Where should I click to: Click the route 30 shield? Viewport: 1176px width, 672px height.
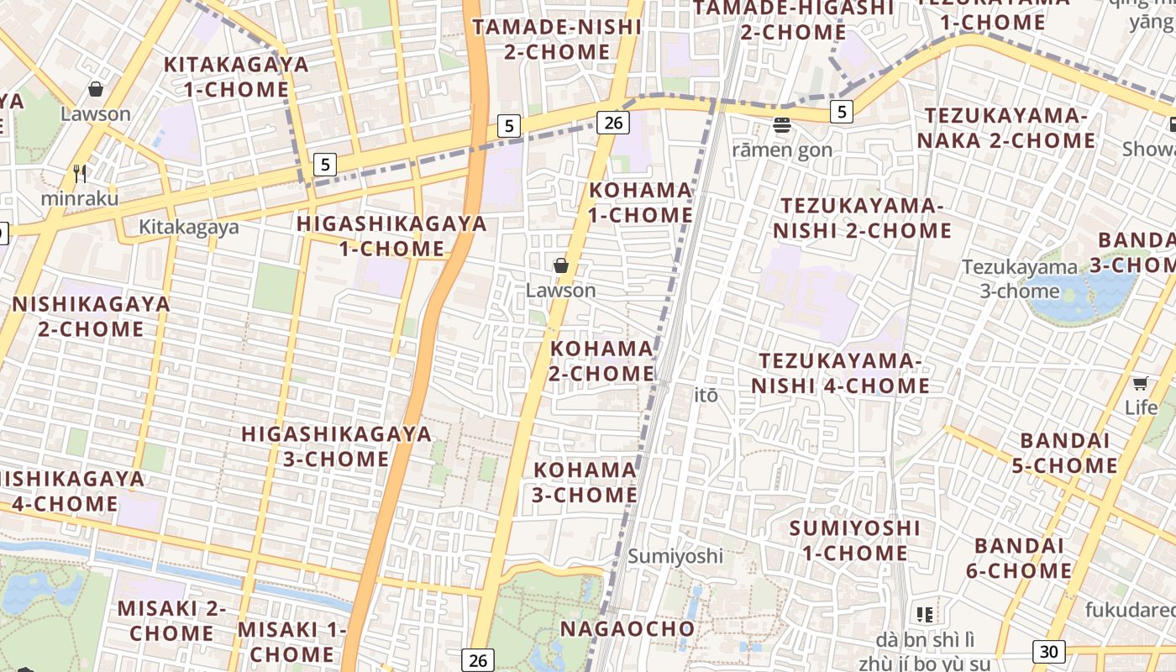[x=1047, y=651]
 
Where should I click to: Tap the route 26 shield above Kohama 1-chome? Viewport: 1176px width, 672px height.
[x=613, y=123]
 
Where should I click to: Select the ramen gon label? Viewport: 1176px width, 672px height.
[x=782, y=150]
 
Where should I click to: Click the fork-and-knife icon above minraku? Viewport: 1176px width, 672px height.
[x=80, y=174]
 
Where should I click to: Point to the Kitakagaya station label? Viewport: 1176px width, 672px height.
[x=188, y=227]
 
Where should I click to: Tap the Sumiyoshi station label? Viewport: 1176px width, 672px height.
[x=675, y=555]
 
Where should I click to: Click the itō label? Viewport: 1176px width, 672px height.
[x=706, y=395]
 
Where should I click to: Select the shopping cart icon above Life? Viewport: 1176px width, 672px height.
[x=1140, y=384]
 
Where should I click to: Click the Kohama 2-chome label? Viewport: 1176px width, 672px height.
[x=601, y=360]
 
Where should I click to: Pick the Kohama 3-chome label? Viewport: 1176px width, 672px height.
[x=585, y=482]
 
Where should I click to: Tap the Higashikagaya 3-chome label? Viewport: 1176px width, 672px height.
[x=336, y=446]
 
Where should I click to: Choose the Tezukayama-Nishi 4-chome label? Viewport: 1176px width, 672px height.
[x=840, y=373]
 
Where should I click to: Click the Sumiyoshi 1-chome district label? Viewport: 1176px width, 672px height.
[x=854, y=540]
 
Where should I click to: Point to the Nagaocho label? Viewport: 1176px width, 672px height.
[x=627, y=628]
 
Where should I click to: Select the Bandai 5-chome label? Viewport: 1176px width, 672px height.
[x=1068, y=453]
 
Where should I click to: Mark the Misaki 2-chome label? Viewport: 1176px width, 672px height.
[x=171, y=620]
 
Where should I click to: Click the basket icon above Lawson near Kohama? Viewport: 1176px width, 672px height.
[x=560, y=265]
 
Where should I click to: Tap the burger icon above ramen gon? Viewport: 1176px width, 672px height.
[x=782, y=126]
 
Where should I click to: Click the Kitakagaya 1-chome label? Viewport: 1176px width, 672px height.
[x=236, y=76]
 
